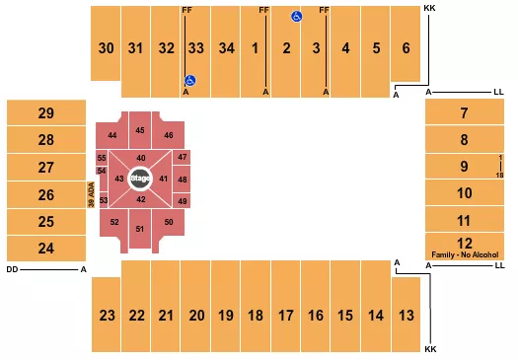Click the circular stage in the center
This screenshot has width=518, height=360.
140,179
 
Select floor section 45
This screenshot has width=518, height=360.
140,131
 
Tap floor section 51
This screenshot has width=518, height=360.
140,229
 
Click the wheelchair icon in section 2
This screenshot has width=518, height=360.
294,17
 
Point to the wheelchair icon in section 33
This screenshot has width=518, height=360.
191,81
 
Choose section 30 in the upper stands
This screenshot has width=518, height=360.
106,47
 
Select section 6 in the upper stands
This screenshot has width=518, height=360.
406,47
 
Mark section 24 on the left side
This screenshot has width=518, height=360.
45,248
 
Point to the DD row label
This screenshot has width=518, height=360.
11,268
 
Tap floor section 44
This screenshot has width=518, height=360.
112,134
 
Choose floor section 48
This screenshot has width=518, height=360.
182,180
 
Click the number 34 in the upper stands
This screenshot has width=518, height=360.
226,47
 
